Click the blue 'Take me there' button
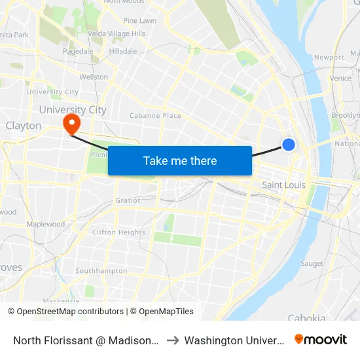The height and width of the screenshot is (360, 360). coord(179,160)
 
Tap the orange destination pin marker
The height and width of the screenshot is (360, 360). coord(71,123)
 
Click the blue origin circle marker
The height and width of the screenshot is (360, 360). coord(288,145)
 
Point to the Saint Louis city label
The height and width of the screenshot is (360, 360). coord(283,185)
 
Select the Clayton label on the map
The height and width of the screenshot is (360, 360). coord(24,126)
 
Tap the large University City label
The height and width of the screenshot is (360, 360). coord(73,110)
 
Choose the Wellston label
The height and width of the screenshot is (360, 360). coord(94,77)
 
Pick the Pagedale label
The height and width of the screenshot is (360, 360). coord(78,51)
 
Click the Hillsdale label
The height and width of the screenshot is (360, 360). coord(123,51)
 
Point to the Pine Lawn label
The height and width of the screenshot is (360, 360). coord(139,21)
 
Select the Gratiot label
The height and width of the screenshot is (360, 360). coord(128,200)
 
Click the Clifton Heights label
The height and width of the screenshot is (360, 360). coord(118,232)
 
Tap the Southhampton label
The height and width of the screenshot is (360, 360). coord(101,270)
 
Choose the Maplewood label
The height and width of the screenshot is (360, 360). coord(46,224)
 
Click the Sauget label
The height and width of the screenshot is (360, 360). coord(312,264)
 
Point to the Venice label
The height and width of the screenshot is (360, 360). coord(340,79)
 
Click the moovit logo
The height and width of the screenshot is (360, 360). coord(321,339)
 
